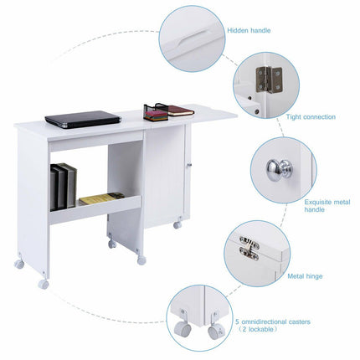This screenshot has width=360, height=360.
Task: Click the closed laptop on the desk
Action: click(x=82, y=119)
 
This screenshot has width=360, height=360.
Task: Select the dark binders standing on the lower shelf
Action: click(x=62, y=185)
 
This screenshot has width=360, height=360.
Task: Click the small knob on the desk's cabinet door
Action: click(x=190, y=167)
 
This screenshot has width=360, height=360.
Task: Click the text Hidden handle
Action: click(x=249, y=30)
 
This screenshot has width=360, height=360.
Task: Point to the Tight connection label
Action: click(x=312, y=117)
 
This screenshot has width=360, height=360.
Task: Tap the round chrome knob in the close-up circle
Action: click(x=278, y=170)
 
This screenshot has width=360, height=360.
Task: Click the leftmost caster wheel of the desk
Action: click(x=19, y=265)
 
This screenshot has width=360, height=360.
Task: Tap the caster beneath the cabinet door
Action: click(x=177, y=226)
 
